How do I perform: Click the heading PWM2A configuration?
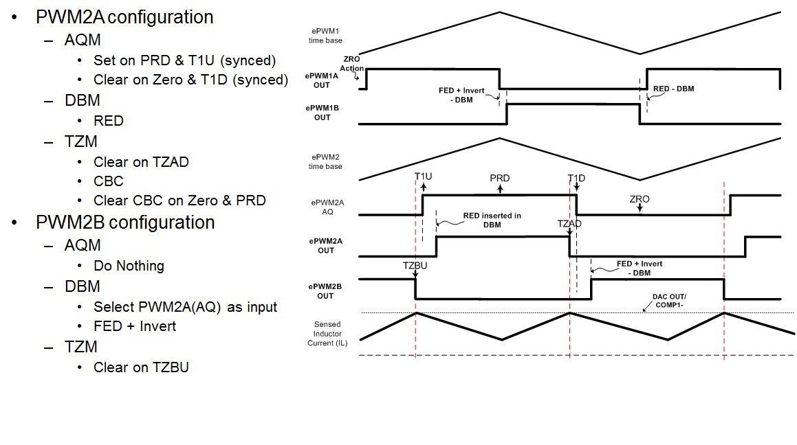[x=124, y=16]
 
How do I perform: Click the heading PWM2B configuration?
[x=125, y=223]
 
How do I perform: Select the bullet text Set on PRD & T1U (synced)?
[x=184, y=60]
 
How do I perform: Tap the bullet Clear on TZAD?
[x=141, y=162]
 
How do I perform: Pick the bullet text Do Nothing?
[x=129, y=266]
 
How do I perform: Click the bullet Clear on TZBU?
[x=141, y=367]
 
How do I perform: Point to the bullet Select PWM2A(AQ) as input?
[x=185, y=306]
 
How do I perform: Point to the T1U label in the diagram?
[x=423, y=177]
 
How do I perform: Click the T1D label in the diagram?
[x=576, y=178]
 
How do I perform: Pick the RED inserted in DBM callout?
[x=492, y=220]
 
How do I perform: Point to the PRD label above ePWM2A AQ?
[x=499, y=178]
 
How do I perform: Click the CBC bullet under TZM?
[x=109, y=182]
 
